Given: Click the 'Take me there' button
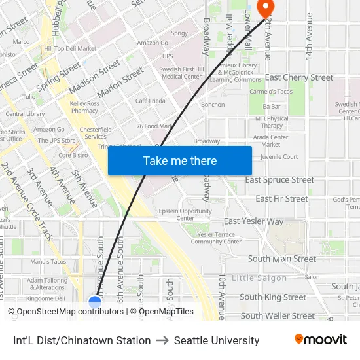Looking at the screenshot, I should click(x=179, y=160).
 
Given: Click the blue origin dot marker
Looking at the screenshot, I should click(x=95, y=301).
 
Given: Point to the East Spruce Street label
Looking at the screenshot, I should click(x=279, y=180).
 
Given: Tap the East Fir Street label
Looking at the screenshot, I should click(x=281, y=198).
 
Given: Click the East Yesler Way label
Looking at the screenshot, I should click(x=254, y=221).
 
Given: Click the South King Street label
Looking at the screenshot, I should click(x=272, y=297).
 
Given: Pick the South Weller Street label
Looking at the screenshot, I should click(x=277, y=315).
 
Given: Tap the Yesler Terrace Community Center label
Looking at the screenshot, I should click(x=216, y=238).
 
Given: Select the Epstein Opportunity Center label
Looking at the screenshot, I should click(x=185, y=215).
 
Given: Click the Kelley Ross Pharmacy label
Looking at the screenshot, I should click(x=84, y=107).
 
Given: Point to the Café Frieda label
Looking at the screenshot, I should click(x=150, y=101).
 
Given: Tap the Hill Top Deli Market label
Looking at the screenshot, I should click(x=70, y=48).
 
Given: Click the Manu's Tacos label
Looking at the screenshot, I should click(x=48, y=262).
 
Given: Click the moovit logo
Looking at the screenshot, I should click(x=320, y=340).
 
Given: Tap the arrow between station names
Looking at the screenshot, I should click(x=162, y=340).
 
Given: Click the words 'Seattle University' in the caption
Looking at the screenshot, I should click(x=217, y=340).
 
